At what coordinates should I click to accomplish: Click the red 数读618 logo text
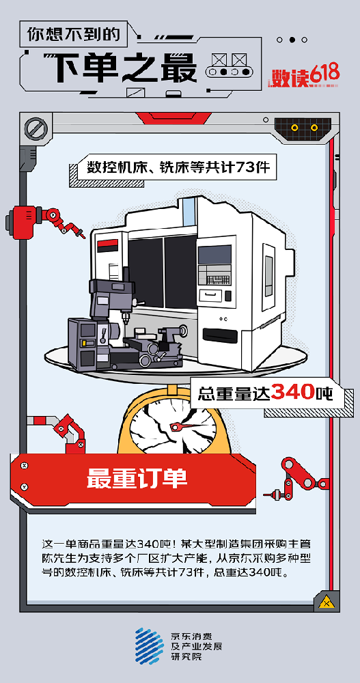point(305,77)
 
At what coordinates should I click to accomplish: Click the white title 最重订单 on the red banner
point(137,478)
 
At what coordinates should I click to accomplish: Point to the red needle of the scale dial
point(186,426)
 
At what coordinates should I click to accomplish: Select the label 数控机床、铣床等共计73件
point(178,167)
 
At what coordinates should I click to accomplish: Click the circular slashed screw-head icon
point(35,128)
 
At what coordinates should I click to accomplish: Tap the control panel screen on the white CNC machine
point(215,254)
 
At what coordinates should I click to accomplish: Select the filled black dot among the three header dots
point(292,40)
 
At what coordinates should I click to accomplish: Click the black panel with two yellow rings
point(304,128)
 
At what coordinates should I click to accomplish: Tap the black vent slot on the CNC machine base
point(220,335)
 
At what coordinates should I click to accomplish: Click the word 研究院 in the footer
point(186,657)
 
